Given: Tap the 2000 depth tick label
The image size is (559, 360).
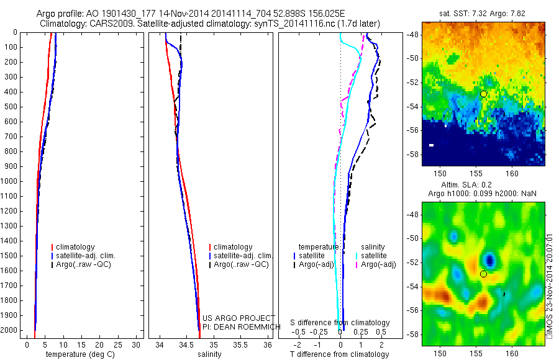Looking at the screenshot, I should tap(9, 330).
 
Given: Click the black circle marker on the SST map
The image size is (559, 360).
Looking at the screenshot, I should tap(483, 94).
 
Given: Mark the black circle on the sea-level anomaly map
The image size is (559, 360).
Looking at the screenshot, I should tap(483, 274).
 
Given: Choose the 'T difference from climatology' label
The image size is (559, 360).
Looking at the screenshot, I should tap(340, 354).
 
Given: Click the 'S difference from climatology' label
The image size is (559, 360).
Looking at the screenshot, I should tap(340, 323).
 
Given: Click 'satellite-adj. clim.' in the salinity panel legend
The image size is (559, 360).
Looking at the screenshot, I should tap(243, 256).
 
